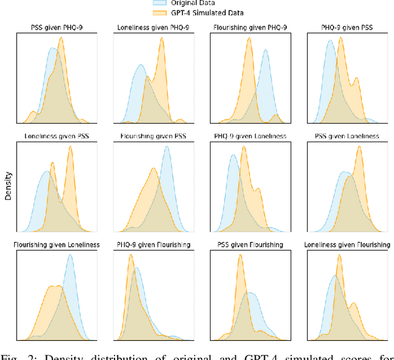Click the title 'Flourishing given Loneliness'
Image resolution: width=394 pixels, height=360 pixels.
[x=57, y=244]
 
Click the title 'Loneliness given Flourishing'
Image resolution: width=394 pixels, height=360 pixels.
[x=346, y=244]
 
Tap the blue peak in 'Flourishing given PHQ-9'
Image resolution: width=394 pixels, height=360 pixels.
[x=265, y=50]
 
